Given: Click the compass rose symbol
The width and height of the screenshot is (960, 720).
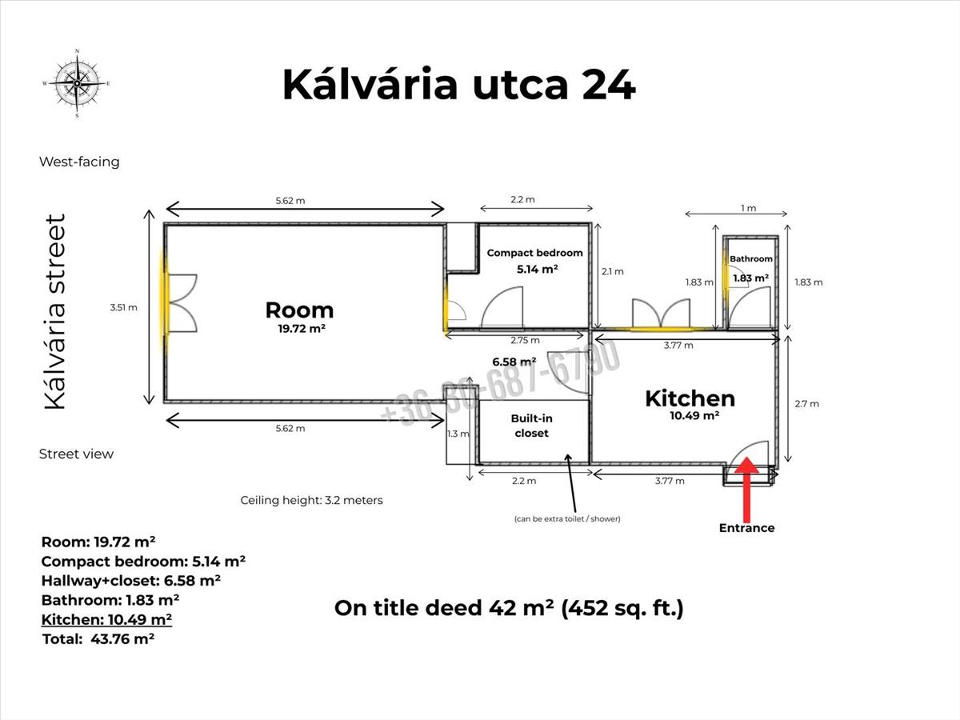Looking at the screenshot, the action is (x=77, y=83).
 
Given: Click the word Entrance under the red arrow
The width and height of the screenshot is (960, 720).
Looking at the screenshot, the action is (x=746, y=528).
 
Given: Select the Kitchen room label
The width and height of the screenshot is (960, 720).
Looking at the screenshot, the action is (x=690, y=398).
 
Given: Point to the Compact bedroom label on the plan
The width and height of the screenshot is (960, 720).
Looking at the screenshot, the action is (x=534, y=253).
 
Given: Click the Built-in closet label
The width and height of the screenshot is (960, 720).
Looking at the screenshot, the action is (x=531, y=426).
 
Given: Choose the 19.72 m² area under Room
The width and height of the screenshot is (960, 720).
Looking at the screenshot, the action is (x=302, y=329).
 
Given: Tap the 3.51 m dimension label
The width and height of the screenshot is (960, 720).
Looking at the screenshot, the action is (x=123, y=307).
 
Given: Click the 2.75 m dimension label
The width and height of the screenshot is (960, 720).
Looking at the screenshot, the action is (x=525, y=340).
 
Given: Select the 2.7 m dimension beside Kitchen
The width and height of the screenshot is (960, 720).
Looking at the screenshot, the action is (x=806, y=404).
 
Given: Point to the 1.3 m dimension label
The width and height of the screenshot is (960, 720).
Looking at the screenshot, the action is (x=458, y=434).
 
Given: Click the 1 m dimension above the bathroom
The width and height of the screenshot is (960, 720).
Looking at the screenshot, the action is (x=748, y=208).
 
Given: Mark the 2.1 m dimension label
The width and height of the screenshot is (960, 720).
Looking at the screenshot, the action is (x=612, y=271).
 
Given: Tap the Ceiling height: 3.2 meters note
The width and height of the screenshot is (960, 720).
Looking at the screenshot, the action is (x=311, y=500).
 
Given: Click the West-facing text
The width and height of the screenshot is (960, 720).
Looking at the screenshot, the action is (x=79, y=162).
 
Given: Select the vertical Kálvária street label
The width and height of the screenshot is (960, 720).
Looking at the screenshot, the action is (x=55, y=311).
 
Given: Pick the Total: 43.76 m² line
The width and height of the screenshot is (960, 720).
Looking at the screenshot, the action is (x=98, y=639).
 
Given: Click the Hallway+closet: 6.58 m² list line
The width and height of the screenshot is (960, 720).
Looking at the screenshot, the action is (x=130, y=581).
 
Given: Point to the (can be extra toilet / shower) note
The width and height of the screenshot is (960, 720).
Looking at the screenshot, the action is (x=567, y=519).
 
